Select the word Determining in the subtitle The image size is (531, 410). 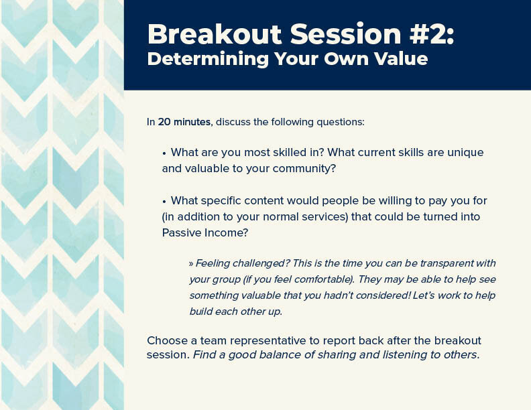pos(208,59)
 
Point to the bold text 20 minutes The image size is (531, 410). pos(184,122)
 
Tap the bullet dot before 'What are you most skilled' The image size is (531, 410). pos(164,153)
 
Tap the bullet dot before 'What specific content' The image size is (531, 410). pos(164,202)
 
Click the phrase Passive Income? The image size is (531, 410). pos(205,232)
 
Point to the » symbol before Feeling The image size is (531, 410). pos(191,264)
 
